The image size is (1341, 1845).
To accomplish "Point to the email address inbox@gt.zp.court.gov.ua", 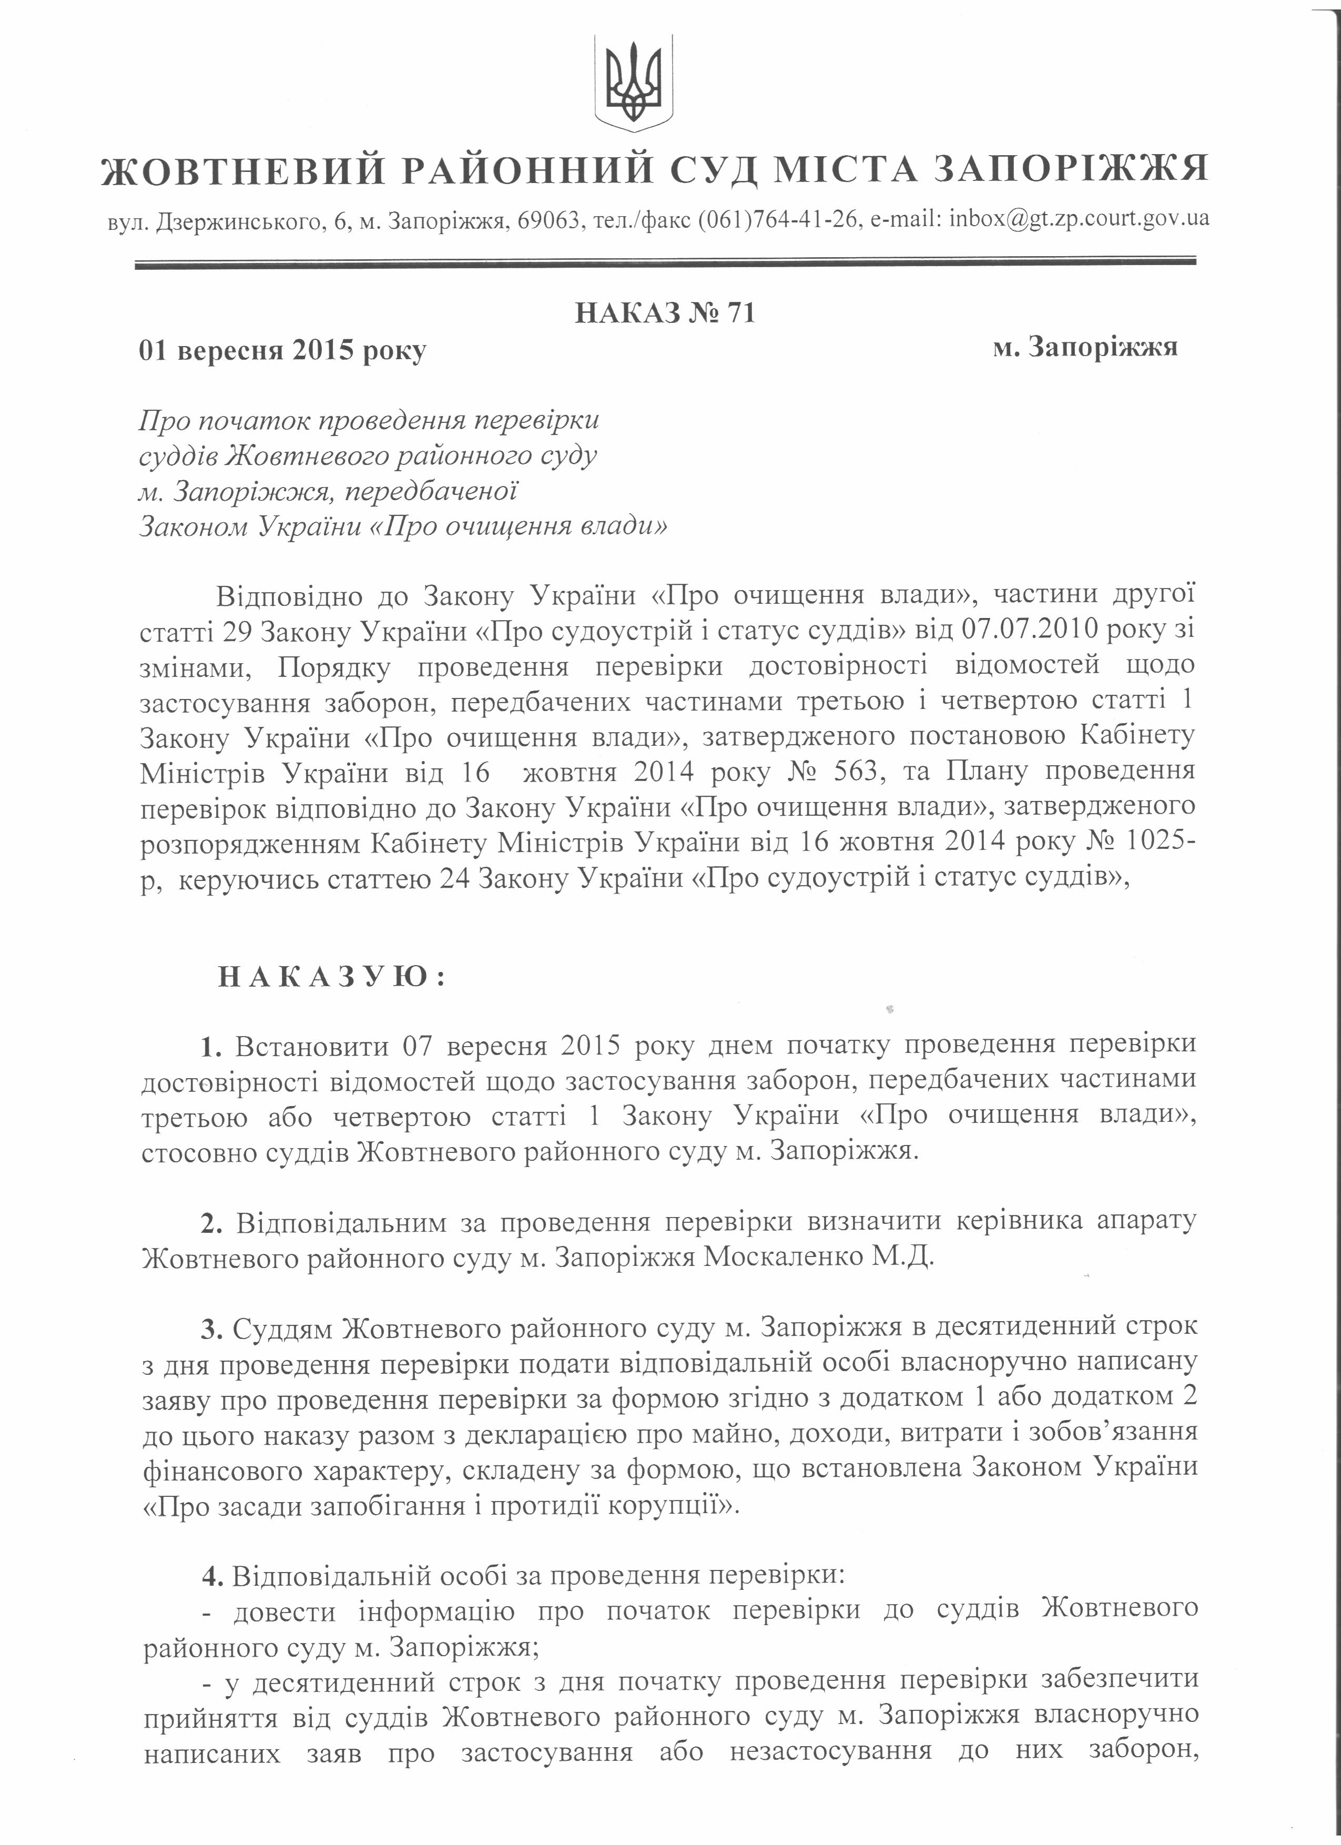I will [x=1079, y=220].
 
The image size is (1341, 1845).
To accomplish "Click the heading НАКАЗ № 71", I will [x=665, y=313].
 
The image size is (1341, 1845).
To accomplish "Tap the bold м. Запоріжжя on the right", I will [x=1085, y=347].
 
